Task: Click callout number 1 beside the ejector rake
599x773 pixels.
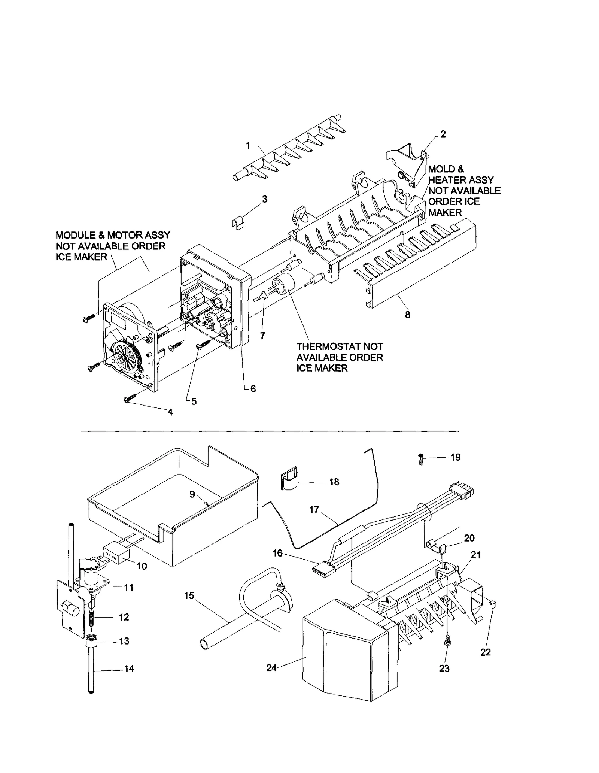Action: pos(248,146)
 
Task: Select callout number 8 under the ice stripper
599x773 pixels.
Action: pos(407,315)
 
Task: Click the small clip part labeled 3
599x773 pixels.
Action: pos(238,223)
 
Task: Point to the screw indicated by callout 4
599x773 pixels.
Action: pos(130,401)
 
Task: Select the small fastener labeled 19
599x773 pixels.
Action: pos(421,459)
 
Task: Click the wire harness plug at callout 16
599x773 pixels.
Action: pos(321,572)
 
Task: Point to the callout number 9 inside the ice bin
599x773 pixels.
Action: pos(192,494)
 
